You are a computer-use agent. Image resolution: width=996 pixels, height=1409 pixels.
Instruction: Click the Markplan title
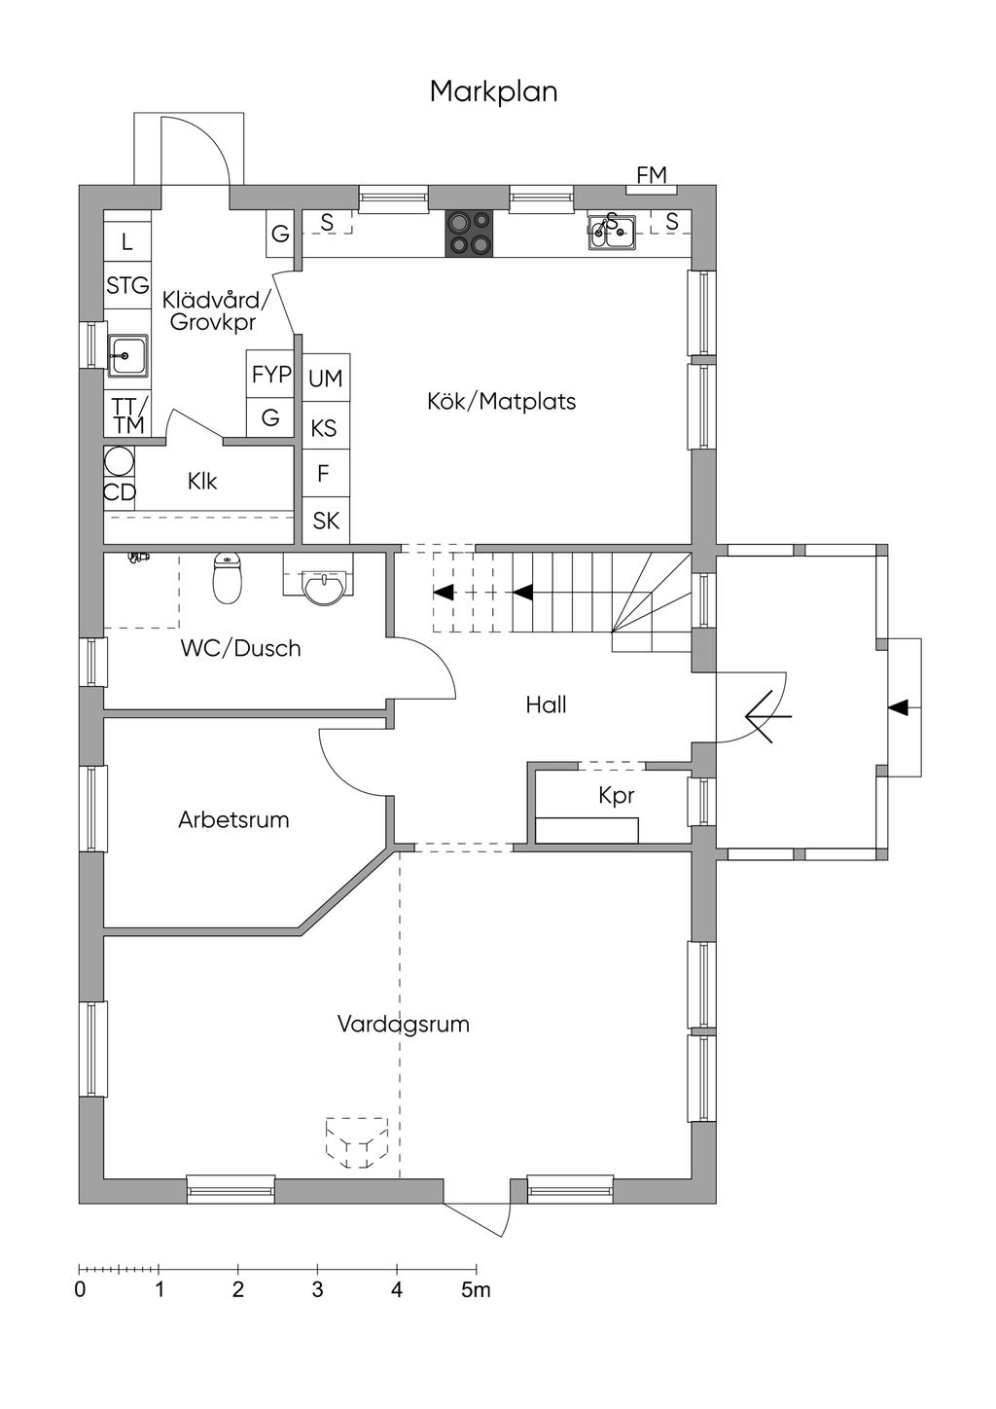coord(493,91)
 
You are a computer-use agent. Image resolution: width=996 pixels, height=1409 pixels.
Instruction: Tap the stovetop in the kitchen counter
coord(469,234)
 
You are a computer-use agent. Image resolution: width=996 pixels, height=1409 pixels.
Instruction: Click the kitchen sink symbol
coord(612,233)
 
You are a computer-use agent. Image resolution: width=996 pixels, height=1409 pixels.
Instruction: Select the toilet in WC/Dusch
coord(227,578)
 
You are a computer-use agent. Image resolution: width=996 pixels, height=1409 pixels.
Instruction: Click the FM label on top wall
coord(652,176)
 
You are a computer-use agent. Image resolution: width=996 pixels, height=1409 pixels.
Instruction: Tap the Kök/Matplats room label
coord(501,401)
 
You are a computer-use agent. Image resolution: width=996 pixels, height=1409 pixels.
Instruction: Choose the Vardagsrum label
coord(403,1024)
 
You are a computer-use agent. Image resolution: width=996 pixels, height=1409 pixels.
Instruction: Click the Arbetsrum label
coord(233,819)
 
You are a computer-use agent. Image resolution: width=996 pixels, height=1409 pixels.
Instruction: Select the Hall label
coord(546,704)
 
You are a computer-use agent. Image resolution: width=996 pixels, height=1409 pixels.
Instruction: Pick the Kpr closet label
coord(617,796)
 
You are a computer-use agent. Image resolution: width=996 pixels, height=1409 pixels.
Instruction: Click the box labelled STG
coord(127,286)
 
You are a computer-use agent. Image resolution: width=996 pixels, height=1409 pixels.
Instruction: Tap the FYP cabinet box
coord(271,375)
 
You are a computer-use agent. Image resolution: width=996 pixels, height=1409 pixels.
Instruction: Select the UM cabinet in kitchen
coord(325,378)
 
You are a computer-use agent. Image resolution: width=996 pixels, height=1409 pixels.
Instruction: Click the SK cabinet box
coord(326,521)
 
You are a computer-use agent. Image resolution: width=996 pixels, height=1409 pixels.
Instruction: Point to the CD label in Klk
coord(120,492)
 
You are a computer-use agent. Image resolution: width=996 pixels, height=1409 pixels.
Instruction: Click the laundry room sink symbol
coord(127,355)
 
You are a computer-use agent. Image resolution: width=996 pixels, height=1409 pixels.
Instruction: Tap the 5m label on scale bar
coord(476,1290)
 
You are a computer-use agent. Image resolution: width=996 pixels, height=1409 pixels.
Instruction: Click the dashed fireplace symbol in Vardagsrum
coord(356,1142)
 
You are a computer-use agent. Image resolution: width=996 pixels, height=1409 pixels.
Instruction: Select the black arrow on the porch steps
coord(900,706)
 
